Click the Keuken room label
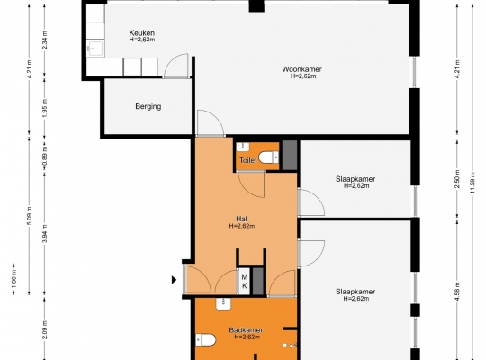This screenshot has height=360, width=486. click(x=141, y=33)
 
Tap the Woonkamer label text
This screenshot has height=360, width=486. click(x=301, y=69)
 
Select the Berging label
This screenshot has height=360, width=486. click(x=148, y=107)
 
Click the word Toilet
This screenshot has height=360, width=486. click(x=248, y=160)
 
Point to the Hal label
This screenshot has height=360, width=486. click(x=241, y=219)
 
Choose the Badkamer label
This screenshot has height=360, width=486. click(x=246, y=330)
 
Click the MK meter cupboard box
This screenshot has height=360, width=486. click(x=244, y=281)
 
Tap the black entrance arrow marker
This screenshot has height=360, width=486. click(x=175, y=280)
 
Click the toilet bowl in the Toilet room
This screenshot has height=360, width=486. click(x=268, y=157)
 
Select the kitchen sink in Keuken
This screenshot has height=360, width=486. click(x=94, y=49)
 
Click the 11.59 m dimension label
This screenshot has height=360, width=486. click(x=472, y=183)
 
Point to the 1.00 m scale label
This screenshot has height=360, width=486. click(x=14, y=279)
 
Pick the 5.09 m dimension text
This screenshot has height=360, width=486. click(x=30, y=216)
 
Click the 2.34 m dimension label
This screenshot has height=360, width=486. click(x=45, y=40)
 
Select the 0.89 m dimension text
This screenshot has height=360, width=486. click(x=45, y=154)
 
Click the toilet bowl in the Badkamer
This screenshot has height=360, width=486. click(x=205, y=340)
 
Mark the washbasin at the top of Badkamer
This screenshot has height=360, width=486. click(x=223, y=304)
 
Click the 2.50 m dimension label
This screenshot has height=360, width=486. click(x=457, y=178)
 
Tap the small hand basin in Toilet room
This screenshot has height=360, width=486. click(x=243, y=147)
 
